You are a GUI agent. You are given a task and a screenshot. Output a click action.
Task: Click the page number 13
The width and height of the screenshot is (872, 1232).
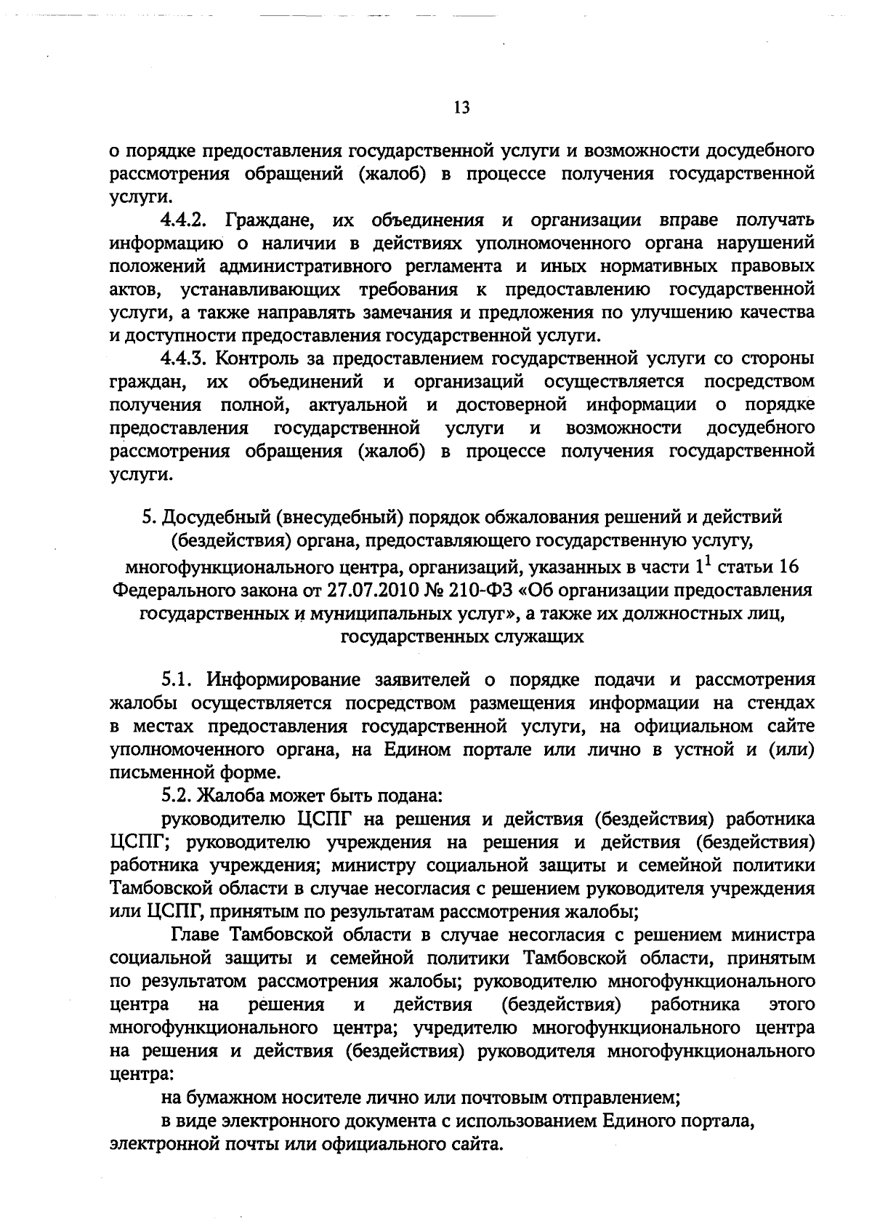coord(461,108)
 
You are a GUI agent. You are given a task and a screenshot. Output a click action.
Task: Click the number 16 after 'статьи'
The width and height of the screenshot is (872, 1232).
coord(788,567)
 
